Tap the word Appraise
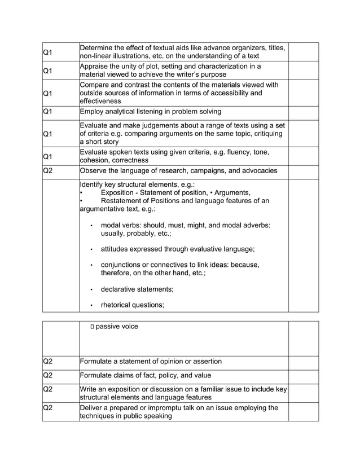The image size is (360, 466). click(x=95, y=67)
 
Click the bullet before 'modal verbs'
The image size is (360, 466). click(x=91, y=225)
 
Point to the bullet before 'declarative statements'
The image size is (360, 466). click(x=91, y=289)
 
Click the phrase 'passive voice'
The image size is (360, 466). click(x=117, y=327)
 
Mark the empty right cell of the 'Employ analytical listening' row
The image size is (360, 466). click(x=303, y=112)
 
